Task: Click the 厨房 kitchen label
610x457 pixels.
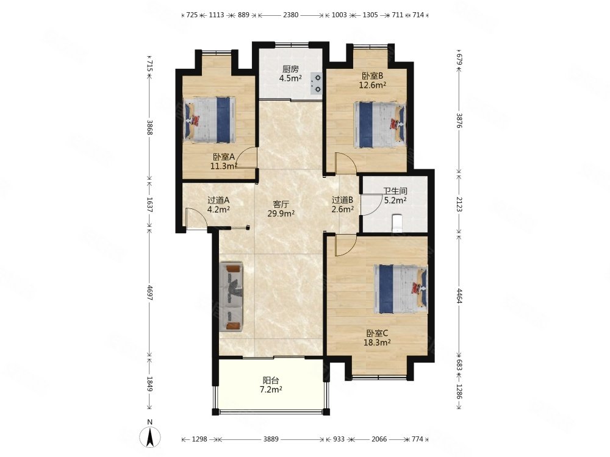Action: (x=290, y=69)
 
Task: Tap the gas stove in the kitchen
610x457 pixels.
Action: (x=316, y=83)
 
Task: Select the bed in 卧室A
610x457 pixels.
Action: (x=210, y=120)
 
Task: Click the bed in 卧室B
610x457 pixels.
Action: (x=379, y=124)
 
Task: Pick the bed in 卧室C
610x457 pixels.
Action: (x=400, y=289)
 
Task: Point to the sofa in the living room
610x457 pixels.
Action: (x=231, y=297)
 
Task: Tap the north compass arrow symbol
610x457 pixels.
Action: (x=150, y=436)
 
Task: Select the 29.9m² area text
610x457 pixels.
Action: (x=281, y=213)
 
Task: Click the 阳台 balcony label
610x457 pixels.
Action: (x=271, y=380)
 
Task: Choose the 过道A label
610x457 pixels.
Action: (x=218, y=200)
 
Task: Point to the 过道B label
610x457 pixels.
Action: (x=342, y=200)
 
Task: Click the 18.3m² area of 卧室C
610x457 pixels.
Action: (x=377, y=342)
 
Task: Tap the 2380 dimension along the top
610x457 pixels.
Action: (x=290, y=15)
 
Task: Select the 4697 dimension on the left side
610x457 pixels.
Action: (x=150, y=292)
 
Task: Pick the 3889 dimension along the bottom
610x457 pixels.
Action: (x=271, y=439)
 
